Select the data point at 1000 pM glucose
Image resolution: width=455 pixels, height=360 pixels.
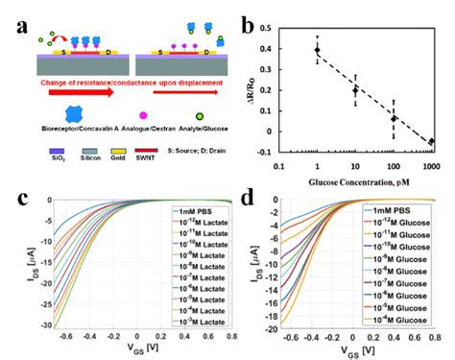point(431,141)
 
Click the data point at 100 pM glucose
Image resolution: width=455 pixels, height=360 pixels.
point(394,118)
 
